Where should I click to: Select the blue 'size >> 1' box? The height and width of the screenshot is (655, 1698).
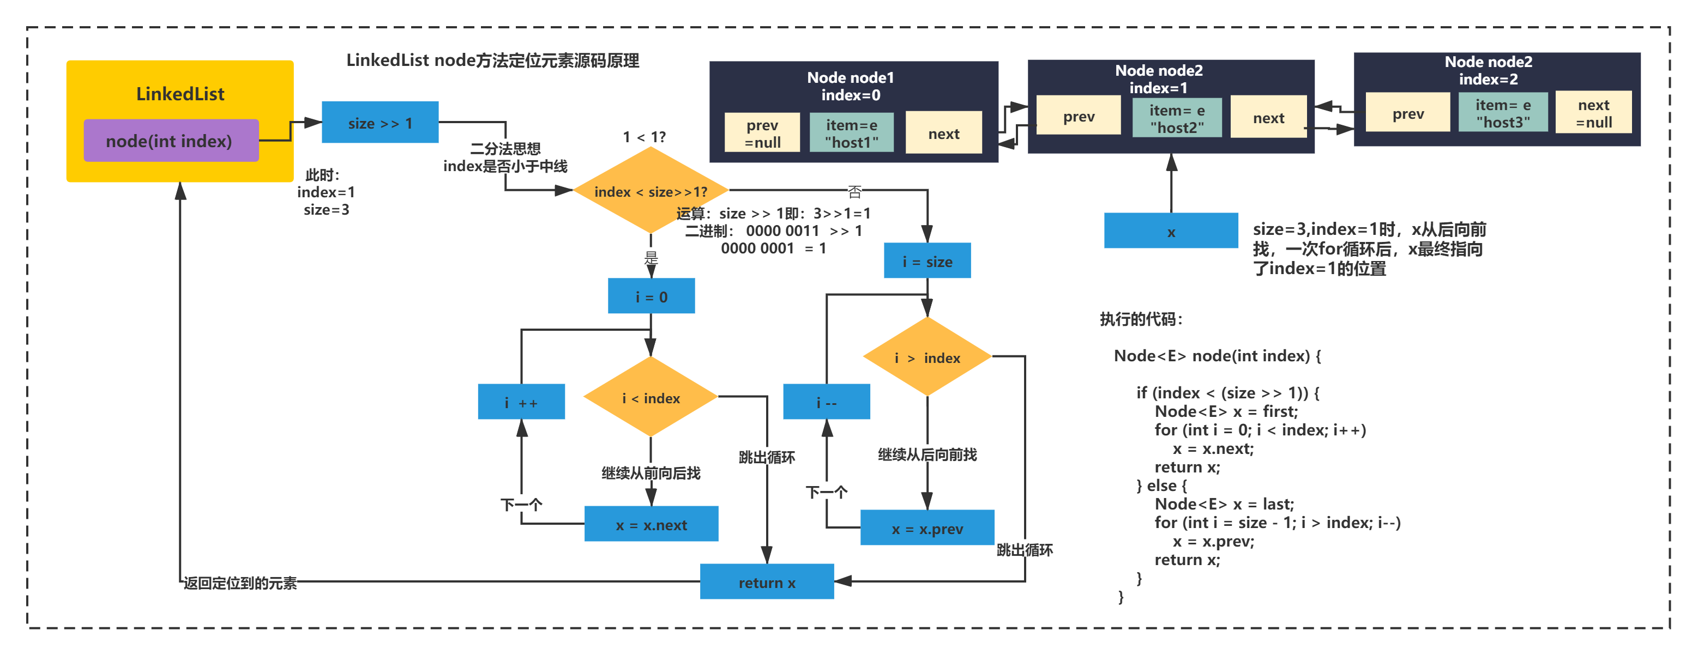pos(380,122)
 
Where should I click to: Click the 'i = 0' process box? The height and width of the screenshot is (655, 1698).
pos(651,296)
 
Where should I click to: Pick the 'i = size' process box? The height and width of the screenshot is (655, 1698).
pos(927,260)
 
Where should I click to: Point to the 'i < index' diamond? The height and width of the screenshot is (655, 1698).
pos(651,397)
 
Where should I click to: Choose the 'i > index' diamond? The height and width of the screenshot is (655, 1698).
pos(927,356)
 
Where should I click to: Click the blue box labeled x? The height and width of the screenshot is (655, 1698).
pos(1171,231)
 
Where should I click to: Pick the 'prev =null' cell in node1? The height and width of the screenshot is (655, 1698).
pos(762,132)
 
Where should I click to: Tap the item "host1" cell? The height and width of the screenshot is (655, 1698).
pos(851,132)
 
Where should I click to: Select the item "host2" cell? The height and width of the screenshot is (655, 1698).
pos(1177,118)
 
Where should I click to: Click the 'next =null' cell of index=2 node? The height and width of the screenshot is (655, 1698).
pos(1593,113)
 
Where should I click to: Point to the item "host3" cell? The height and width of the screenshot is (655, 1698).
pos(1503,113)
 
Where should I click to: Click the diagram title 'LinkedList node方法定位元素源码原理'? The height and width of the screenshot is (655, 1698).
pos(492,60)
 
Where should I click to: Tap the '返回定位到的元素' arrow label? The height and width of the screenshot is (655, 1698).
pos(240,583)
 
